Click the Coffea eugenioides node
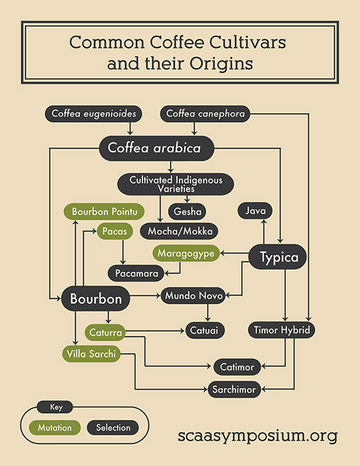pos(93,114)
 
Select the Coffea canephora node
pos(205,114)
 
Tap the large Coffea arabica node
pos(156,148)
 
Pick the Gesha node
pos(188,211)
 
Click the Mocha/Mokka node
pos(180,231)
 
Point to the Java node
pos(255,211)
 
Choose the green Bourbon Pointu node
pos(104,212)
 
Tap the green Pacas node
pos(114,231)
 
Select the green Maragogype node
pos(186,253)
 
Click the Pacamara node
pos(136,274)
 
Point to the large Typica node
pos(277,257)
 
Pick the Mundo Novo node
pos(194,296)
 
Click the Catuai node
pos(205,330)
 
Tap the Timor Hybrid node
pos(281,330)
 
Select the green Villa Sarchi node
pos(91,353)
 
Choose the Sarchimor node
pos(234,389)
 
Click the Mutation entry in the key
pos(55,427)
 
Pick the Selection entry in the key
pos(113,427)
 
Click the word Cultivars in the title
pos(248,42)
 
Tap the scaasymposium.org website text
pos(258,436)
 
